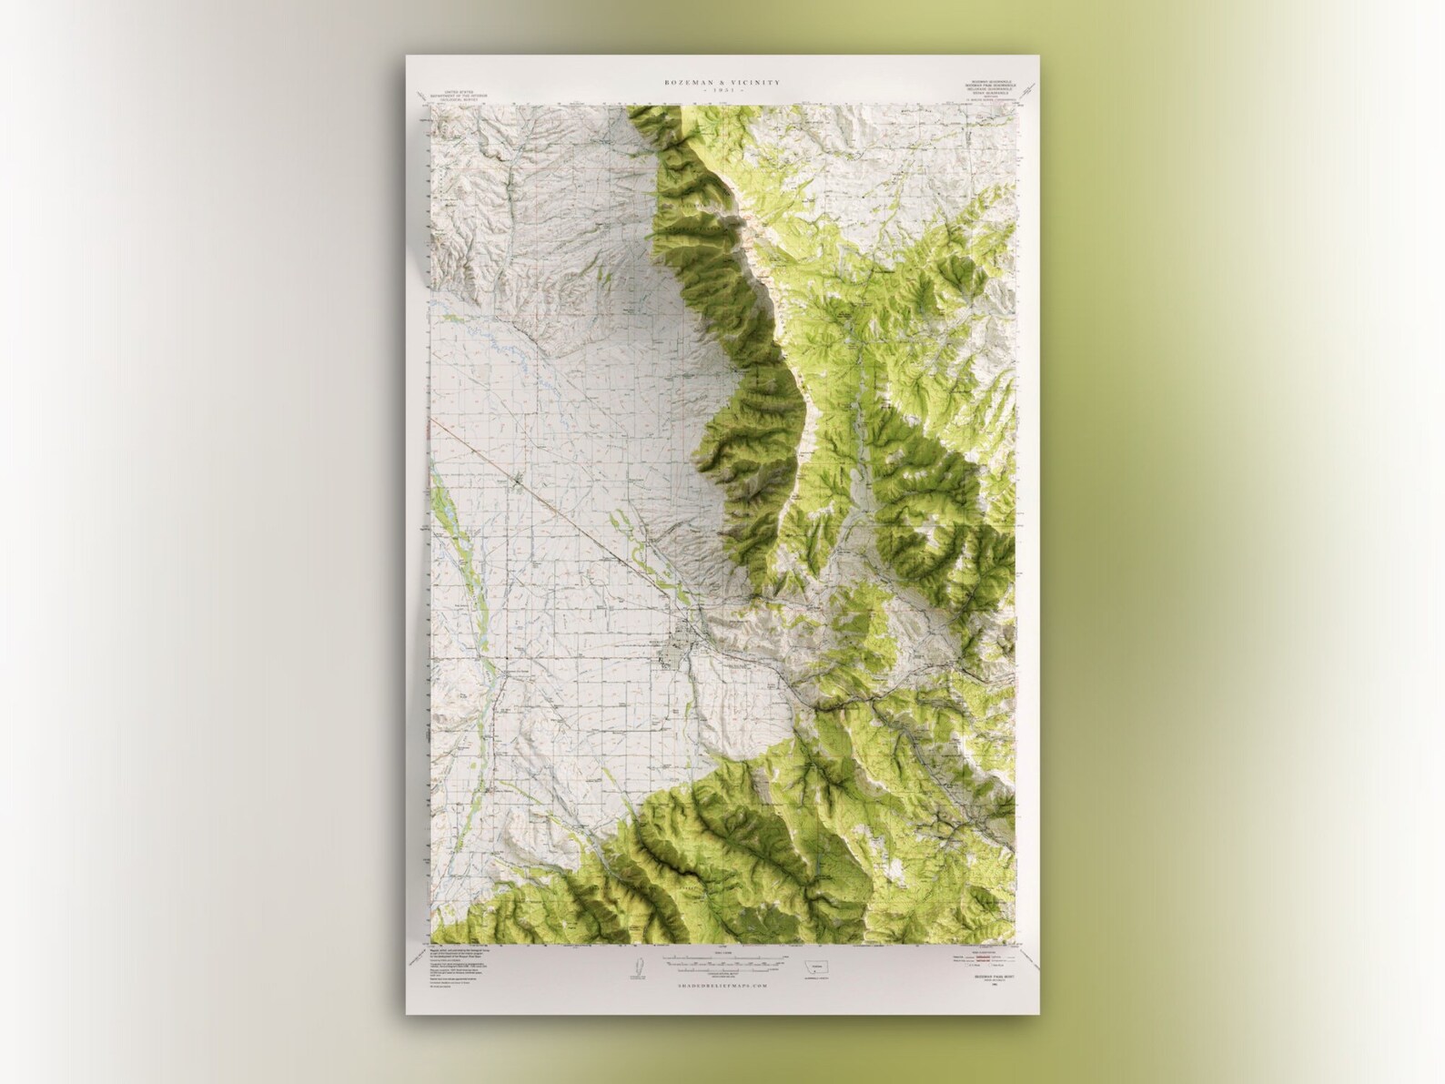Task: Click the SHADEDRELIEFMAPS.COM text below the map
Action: coord(722,985)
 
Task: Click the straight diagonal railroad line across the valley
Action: coord(582,527)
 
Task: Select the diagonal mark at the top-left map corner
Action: coord(420,94)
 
